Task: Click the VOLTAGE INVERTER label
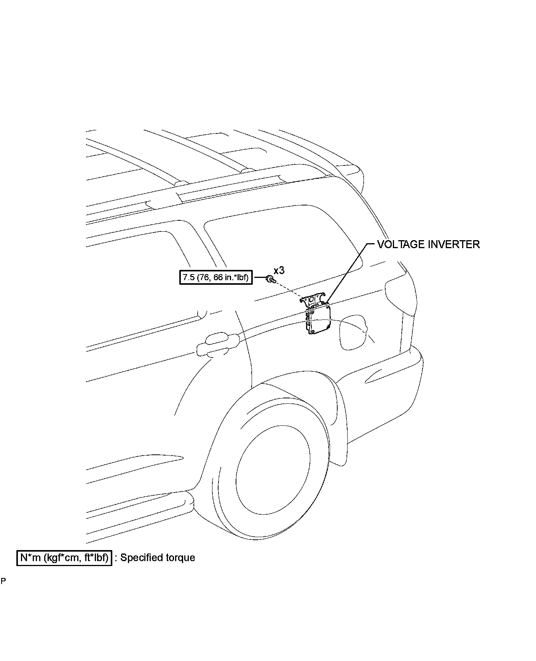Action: tap(428, 244)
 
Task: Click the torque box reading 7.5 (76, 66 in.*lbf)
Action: tap(215, 278)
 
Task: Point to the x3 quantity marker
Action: tap(279, 270)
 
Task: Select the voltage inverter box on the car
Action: tap(319, 319)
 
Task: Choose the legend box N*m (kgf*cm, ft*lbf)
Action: tap(64, 558)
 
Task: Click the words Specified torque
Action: tap(158, 558)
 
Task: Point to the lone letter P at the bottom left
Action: tap(3, 592)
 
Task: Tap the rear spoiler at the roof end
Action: tap(348, 168)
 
